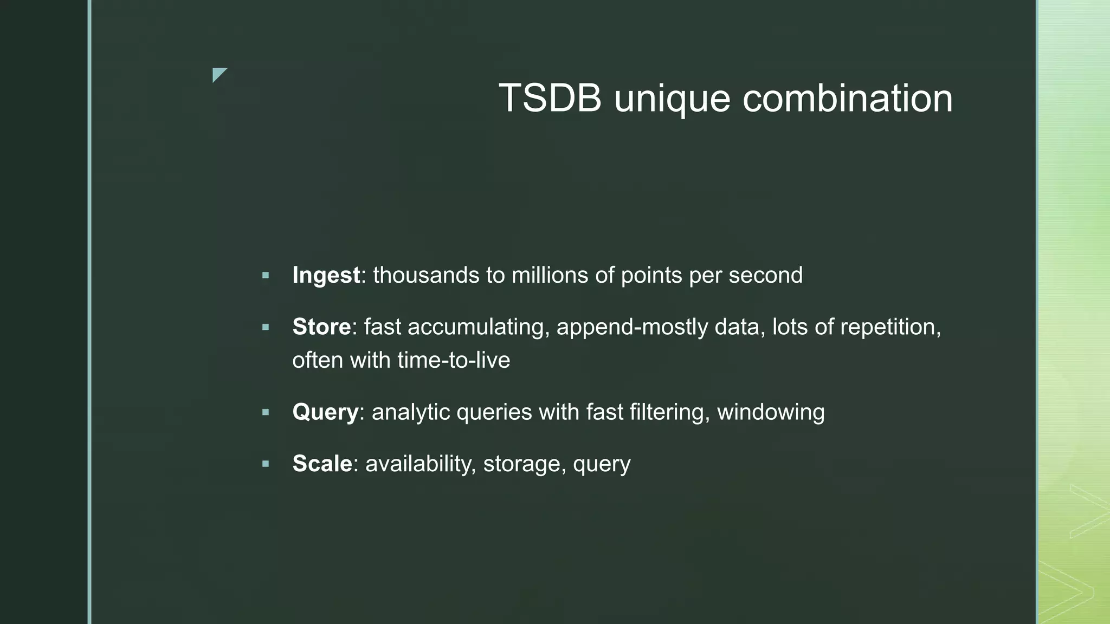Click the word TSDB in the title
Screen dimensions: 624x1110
pos(550,99)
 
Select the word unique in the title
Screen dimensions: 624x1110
pos(672,100)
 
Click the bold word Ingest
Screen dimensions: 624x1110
pos(326,276)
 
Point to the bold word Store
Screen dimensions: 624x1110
pos(321,327)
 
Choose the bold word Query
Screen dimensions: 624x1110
pos(325,412)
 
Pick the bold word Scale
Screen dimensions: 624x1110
pos(322,464)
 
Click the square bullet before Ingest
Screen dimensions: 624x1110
pos(266,276)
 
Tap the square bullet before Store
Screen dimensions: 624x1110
pos(266,327)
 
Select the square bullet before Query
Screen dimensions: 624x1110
pos(266,413)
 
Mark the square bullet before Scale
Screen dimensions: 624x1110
pos(266,464)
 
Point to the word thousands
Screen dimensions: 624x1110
pos(426,275)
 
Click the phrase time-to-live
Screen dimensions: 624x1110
pos(454,360)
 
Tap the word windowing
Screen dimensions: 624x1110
pos(771,412)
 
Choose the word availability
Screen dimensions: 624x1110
pos(421,464)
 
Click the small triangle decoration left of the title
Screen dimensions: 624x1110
pos(218,74)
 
